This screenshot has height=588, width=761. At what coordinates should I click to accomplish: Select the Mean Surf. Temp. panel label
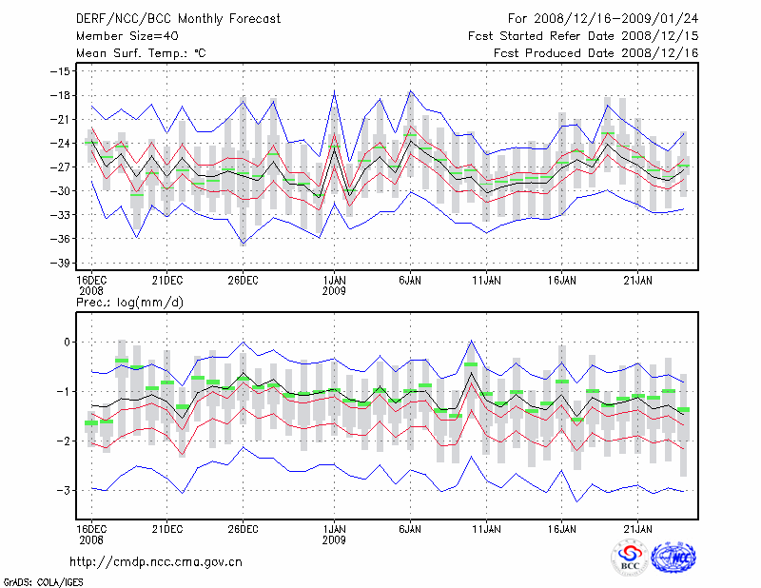(141, 53)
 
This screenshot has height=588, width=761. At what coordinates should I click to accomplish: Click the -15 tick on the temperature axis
(64, 71)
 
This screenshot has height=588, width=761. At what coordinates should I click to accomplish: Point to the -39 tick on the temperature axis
(64, 263)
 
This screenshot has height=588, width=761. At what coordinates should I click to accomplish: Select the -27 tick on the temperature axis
(64, 167)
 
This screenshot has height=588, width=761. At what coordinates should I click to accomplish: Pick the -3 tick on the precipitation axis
(66, 490)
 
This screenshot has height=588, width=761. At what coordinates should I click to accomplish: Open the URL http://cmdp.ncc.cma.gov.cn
(157, 562)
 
